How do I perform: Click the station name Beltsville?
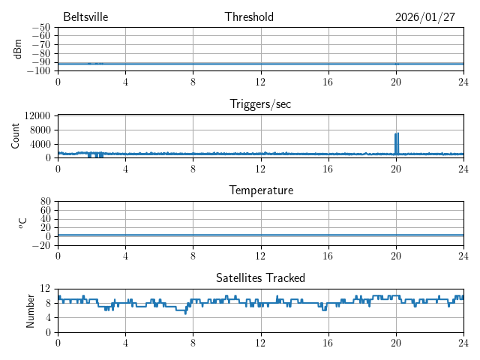[86, 17]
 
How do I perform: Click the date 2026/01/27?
[424, 17]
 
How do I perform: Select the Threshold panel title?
[249, 17]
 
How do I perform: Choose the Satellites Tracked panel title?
[260, 277]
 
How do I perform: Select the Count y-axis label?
[16, 136]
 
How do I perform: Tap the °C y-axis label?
[22, 223]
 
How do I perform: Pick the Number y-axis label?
[31, 310]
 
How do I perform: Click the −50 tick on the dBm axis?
[41, 28]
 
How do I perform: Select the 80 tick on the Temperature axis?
[45, 202]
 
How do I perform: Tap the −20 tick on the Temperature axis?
[41, 245]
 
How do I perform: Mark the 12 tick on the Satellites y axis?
[45, 289]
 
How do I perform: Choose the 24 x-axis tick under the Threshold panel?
[463, 82]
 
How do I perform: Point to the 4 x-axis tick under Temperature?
[125, 256]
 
